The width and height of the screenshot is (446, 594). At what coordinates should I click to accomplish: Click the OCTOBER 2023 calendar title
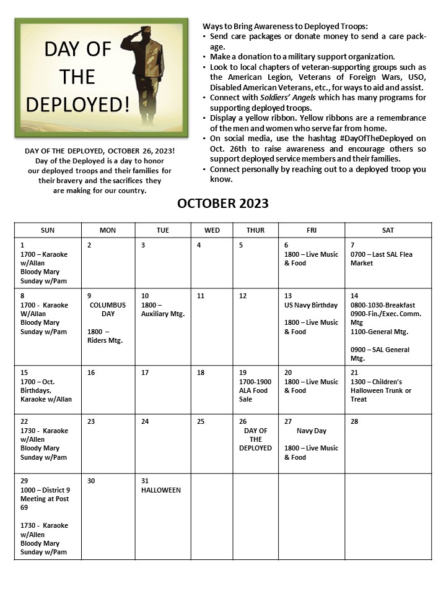click(x=223, y=204)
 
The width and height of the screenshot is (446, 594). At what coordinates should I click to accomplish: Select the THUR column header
click(x=255, y=230)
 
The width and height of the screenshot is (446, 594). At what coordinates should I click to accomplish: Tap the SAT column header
click(x=388, y=230)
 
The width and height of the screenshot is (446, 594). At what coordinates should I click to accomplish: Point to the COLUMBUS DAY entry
click(x=107, y=309)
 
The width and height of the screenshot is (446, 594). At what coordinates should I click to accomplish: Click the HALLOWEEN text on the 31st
click(x=161, y=490)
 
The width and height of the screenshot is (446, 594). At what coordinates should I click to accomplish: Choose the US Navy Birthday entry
click(x=311, y=305)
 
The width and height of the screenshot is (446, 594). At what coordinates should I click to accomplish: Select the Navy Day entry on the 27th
click(x=311, y=431)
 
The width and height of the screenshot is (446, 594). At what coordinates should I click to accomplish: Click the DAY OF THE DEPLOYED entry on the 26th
click(x=255, y=439)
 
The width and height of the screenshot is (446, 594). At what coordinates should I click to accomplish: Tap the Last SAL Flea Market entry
click(x=381, y=259)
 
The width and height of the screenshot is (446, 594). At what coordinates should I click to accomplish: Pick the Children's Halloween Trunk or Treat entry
click(x=380, y=390)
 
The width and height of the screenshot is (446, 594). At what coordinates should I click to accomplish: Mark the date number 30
click(x=91, y=481)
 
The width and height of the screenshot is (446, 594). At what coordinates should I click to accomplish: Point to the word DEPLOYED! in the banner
click(x=78, y=104)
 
